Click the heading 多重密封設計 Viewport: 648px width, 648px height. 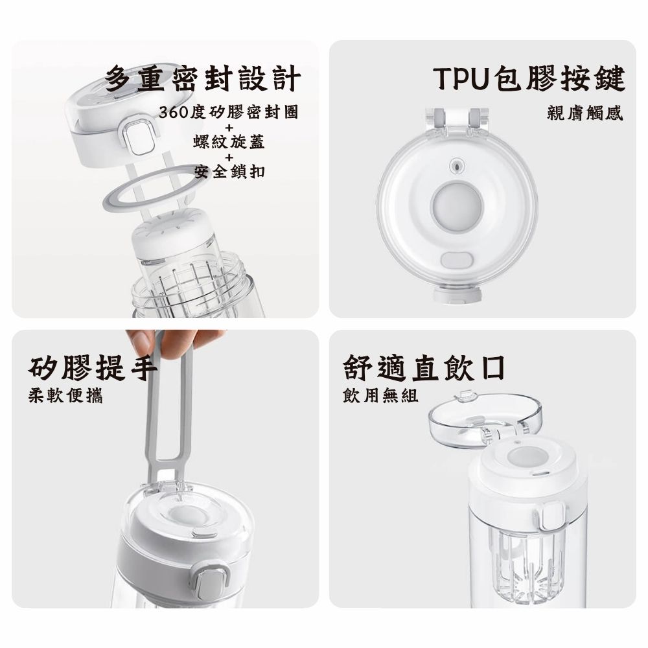(202, 78)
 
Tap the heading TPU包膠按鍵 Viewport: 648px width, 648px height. (529, 78)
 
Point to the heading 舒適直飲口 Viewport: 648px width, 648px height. (424, 367)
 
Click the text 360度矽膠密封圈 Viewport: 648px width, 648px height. (229, 112)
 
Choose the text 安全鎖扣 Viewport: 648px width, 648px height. (229, 171)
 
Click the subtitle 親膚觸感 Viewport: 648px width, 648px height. (584, 112)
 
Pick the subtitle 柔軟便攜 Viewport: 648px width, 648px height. (65, 395)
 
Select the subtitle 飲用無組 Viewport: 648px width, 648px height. (380, 395)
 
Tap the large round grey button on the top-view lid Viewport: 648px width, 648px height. (456, 205)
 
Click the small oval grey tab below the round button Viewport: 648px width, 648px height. (457, 260)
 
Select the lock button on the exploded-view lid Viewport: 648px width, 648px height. (139, 137)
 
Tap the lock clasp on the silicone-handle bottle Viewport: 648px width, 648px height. (211, 581)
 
